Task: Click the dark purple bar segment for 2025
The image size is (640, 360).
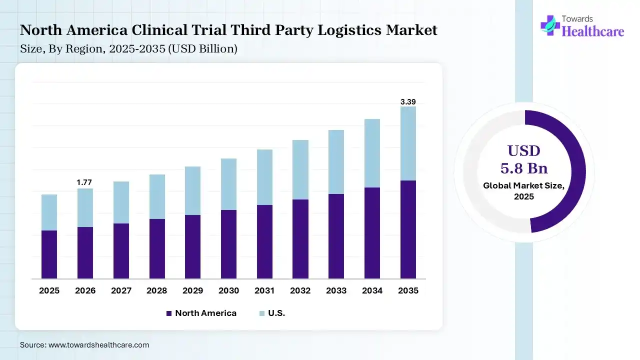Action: point(49,254)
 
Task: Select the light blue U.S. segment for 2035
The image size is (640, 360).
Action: point(408,143)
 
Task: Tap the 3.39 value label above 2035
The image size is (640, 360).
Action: point(408,102)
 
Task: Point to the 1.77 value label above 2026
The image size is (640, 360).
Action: point(84,182)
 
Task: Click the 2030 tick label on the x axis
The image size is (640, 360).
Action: point(228,290)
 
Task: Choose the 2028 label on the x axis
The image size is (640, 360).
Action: point(157,290)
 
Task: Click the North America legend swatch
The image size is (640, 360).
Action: point(168,313)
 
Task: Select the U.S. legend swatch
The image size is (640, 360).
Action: point(262,313)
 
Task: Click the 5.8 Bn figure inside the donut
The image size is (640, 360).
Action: point(524,167)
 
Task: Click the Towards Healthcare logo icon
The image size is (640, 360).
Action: point(550,25)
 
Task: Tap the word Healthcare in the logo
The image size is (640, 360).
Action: point(593,31)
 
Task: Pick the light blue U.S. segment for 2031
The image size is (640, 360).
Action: point(264,177)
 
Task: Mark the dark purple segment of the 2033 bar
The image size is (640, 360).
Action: point(336,236)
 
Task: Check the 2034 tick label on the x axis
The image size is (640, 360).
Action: point(372,290)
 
